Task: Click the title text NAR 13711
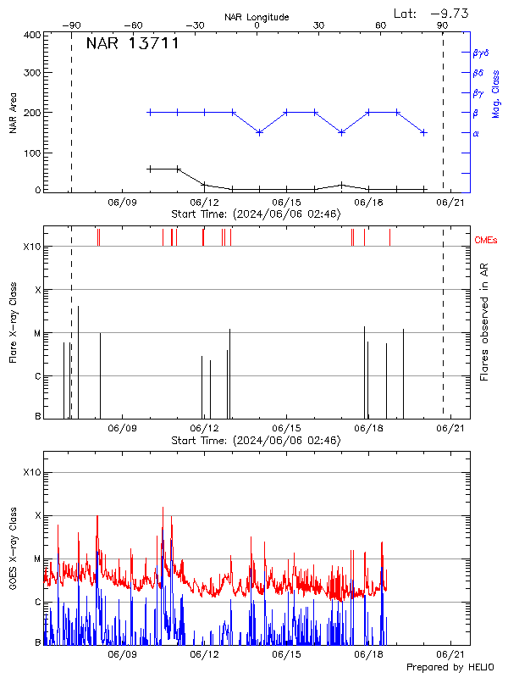[x=132, y=43]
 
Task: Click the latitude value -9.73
[x=449, y=13]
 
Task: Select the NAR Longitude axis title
[x=257, y=17]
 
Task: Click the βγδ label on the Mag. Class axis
[x=480, y=53]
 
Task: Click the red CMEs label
[x=485, y=242]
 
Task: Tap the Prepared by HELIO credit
[x=450, y=668]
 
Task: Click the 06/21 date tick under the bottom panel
[x=450, y=655]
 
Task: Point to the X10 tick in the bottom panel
[x=31, y=471]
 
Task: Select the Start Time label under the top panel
[x=256, y=214]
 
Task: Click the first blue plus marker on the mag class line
[x=150, y=112]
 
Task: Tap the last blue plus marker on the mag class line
[x=423, y=132]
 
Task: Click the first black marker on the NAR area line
[x=150, y=169]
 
